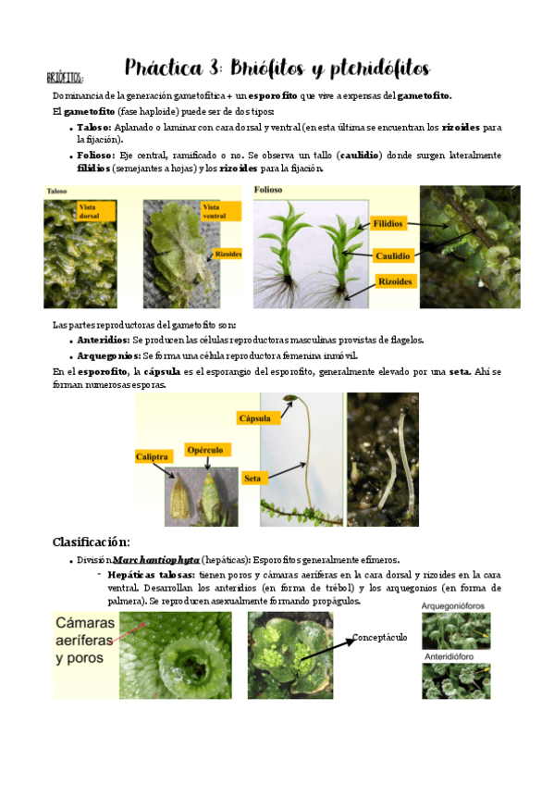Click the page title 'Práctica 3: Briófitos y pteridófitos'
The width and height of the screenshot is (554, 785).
tap(277, 69)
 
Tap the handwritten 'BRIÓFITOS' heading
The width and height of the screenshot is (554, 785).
tap(66, 78)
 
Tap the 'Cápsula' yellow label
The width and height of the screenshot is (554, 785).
tap(256, 417)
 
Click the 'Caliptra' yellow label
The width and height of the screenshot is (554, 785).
tap(154, 457)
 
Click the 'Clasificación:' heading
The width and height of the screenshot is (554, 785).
tap(91, 542)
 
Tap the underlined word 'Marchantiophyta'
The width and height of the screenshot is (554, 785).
tap(156, 560)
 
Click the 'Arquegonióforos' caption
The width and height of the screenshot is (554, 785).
tap(455, 605)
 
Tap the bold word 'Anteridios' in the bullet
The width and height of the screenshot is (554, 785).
tap(103, 340)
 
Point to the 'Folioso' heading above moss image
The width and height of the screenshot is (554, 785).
tap(269, 190)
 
